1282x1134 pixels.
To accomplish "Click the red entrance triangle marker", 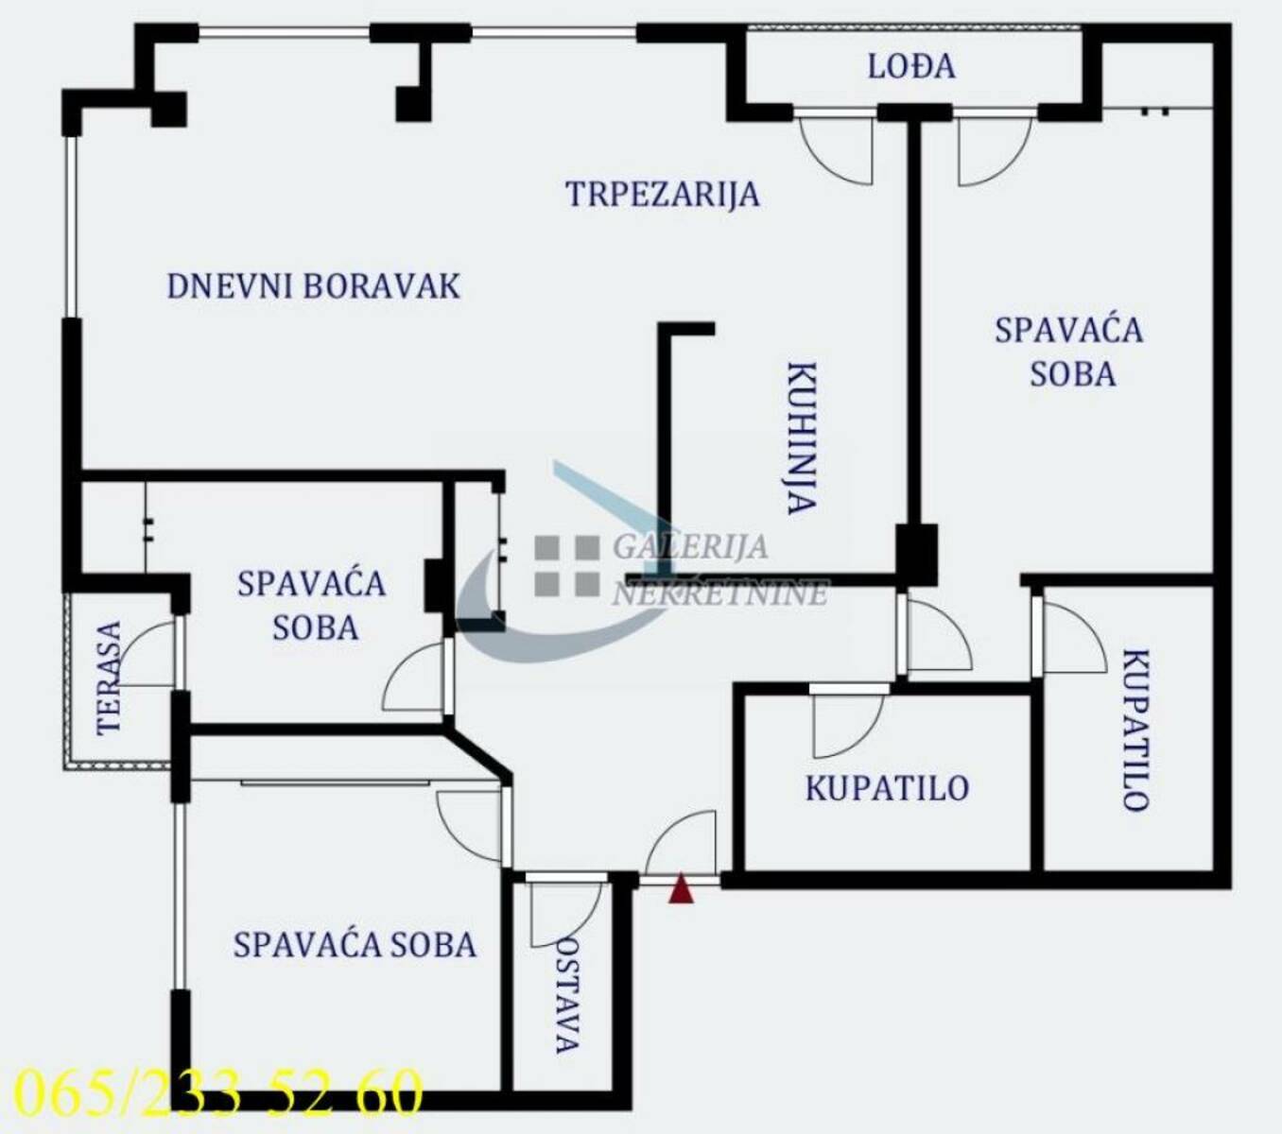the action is click(x=681, y=888).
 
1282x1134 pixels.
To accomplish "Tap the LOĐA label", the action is click(x=911, y=67).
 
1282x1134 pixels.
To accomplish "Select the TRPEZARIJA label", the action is click(x=662, y=194).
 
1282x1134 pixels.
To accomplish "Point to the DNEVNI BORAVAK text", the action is click(x=313, y=286).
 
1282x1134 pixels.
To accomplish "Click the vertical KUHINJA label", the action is click(x=803, y=438).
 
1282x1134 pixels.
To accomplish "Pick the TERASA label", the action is click(x=109, y=678).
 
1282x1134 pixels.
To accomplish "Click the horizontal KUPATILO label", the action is click(x=887, y=788).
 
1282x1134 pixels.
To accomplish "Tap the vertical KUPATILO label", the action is click(x=1135, y=730).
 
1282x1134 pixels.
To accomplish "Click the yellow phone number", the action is click(x=218, y=1092).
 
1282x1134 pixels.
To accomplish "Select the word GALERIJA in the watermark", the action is click(x=691, y=546).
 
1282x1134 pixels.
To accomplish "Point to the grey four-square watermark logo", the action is click(x=566, y=566).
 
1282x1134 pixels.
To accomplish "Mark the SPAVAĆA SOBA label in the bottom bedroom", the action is click(x=355, y=945).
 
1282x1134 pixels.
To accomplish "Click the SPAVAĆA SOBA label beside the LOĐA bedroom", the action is click(x=1069, y=352).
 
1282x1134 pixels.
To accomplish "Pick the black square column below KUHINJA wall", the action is click(x=916, y=554).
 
